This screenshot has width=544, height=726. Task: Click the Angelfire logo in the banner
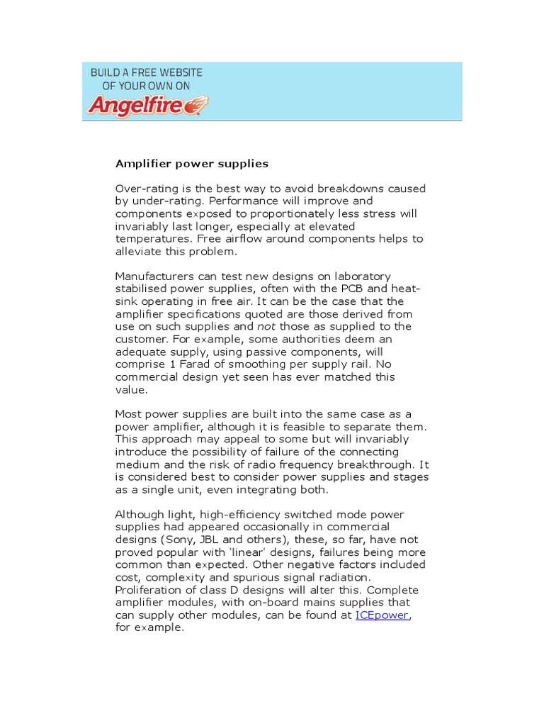coord(147,105)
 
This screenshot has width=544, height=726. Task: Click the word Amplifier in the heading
coord(140,164)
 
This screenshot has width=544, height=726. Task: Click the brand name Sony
coord(181,540)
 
